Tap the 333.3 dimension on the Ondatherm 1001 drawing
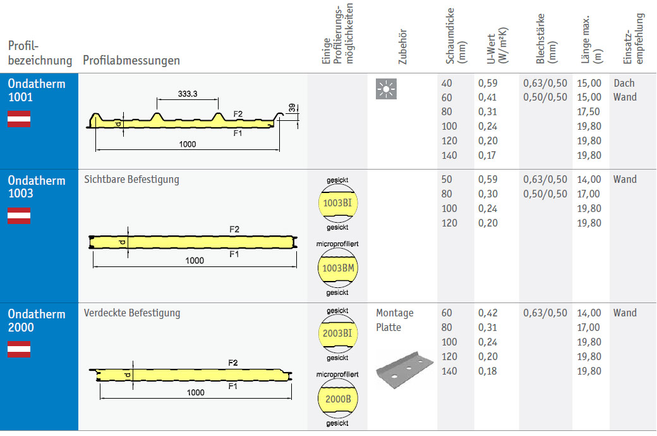tap(187, 94)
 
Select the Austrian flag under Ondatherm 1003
tap(19, 216)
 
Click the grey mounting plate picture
tap(404, 370)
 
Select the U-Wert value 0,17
tap(488, 155)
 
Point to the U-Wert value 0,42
tap(488, 313)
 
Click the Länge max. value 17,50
tap(589, 111)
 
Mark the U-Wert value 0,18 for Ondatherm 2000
tap(488, 371)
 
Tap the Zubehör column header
tap(403, 47)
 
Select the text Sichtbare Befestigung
tap(131, 179)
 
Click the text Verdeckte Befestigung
tap(132, 313)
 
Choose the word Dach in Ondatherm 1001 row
tap(624, 83)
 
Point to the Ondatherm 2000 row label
tap(37, 320)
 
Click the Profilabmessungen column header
tap(131, 61)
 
